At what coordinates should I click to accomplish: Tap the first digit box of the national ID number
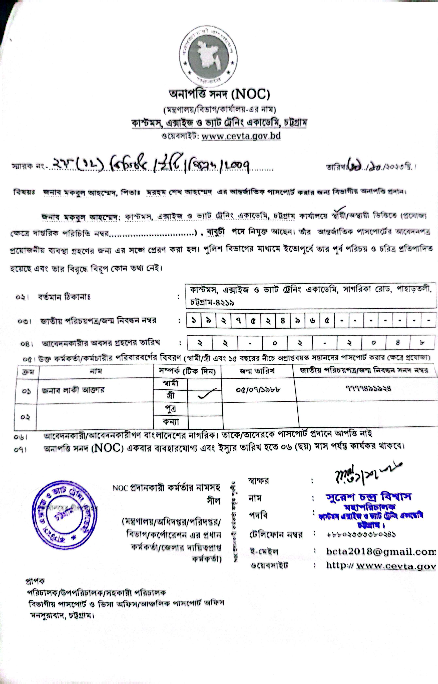click(194, 320)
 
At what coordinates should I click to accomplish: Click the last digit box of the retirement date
click(422, 343)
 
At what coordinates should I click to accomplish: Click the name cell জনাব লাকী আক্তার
click(73, 390)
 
